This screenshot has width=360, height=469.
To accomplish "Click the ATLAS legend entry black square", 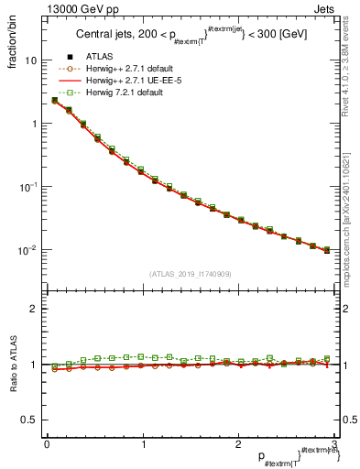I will coord(71,56).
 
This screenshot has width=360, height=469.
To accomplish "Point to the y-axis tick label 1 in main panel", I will coord(33,124).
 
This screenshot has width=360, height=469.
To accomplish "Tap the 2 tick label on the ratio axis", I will coord(33,310).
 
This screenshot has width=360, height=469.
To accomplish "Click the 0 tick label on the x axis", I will coord(47,444).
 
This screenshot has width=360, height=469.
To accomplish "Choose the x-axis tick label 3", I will coord(334,444).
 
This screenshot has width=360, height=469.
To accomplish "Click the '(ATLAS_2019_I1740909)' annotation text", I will coord(190,274).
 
